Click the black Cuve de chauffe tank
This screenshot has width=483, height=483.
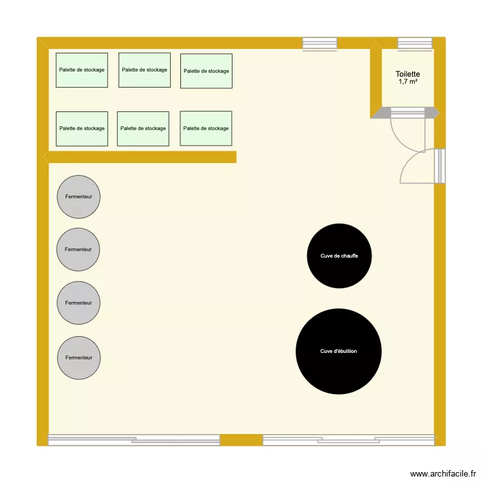tap(339, 256)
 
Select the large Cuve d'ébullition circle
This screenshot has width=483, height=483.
tap(339, 352)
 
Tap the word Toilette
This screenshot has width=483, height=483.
tap(408, 74)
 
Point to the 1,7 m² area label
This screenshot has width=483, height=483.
tap(408, 82)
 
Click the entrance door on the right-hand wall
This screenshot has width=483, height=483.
tap(440, 166)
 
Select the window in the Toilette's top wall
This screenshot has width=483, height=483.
tap(415, 43)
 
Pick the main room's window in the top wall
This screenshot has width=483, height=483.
tap(319, 43)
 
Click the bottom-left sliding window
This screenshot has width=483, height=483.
tap(134, 440)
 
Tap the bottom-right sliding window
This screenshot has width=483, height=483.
tap(348, 440)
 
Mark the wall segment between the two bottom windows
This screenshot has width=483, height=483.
tap(241, 440)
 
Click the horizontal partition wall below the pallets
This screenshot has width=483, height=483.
tap(142, 156)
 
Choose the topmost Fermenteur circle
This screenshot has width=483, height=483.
tap(79, 196)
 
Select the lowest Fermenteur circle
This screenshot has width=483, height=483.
tap(79, 357)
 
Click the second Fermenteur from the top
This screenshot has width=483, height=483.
tap(79, 249)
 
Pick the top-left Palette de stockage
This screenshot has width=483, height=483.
tap(82, 70)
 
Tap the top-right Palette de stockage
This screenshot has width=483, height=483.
tap(206, 71)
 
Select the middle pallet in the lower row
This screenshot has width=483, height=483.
tap(143, 128)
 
